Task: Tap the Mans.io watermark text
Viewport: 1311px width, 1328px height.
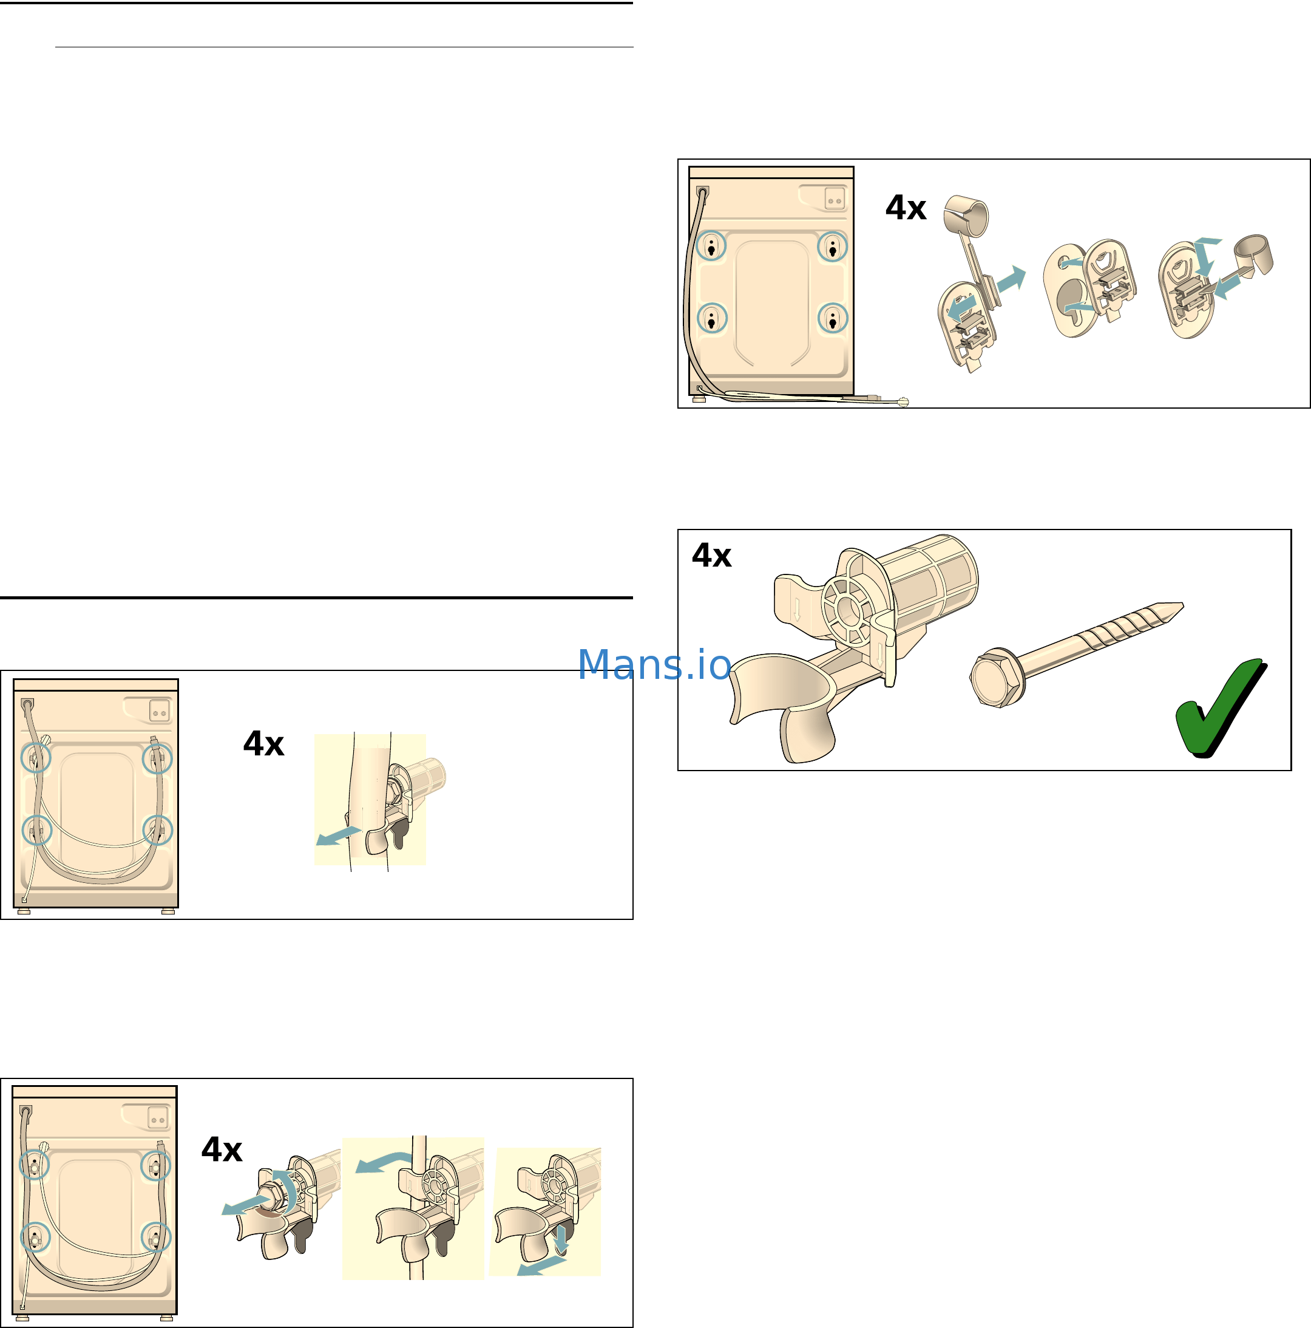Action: tap(654, 665)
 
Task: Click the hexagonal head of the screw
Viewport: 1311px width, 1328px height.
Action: tap(995, 678)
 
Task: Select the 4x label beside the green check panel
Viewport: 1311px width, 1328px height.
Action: tap(712, 556)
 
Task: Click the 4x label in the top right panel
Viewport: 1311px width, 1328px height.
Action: tap(906, 208)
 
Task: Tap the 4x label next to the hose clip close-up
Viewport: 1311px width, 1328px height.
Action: tap(263, 744)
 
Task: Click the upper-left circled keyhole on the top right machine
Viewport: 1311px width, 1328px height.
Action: tap(711, 246)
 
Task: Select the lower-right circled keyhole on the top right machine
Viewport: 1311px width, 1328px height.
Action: tap(833, 318)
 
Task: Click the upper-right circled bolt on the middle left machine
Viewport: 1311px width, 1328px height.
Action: tap(157, 758)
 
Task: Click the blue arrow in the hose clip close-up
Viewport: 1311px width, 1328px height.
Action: tap(338, 836)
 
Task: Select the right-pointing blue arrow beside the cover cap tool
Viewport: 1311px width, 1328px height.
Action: tap(1011, 279)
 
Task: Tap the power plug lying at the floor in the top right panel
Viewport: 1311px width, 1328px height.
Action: tap(901, 402)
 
